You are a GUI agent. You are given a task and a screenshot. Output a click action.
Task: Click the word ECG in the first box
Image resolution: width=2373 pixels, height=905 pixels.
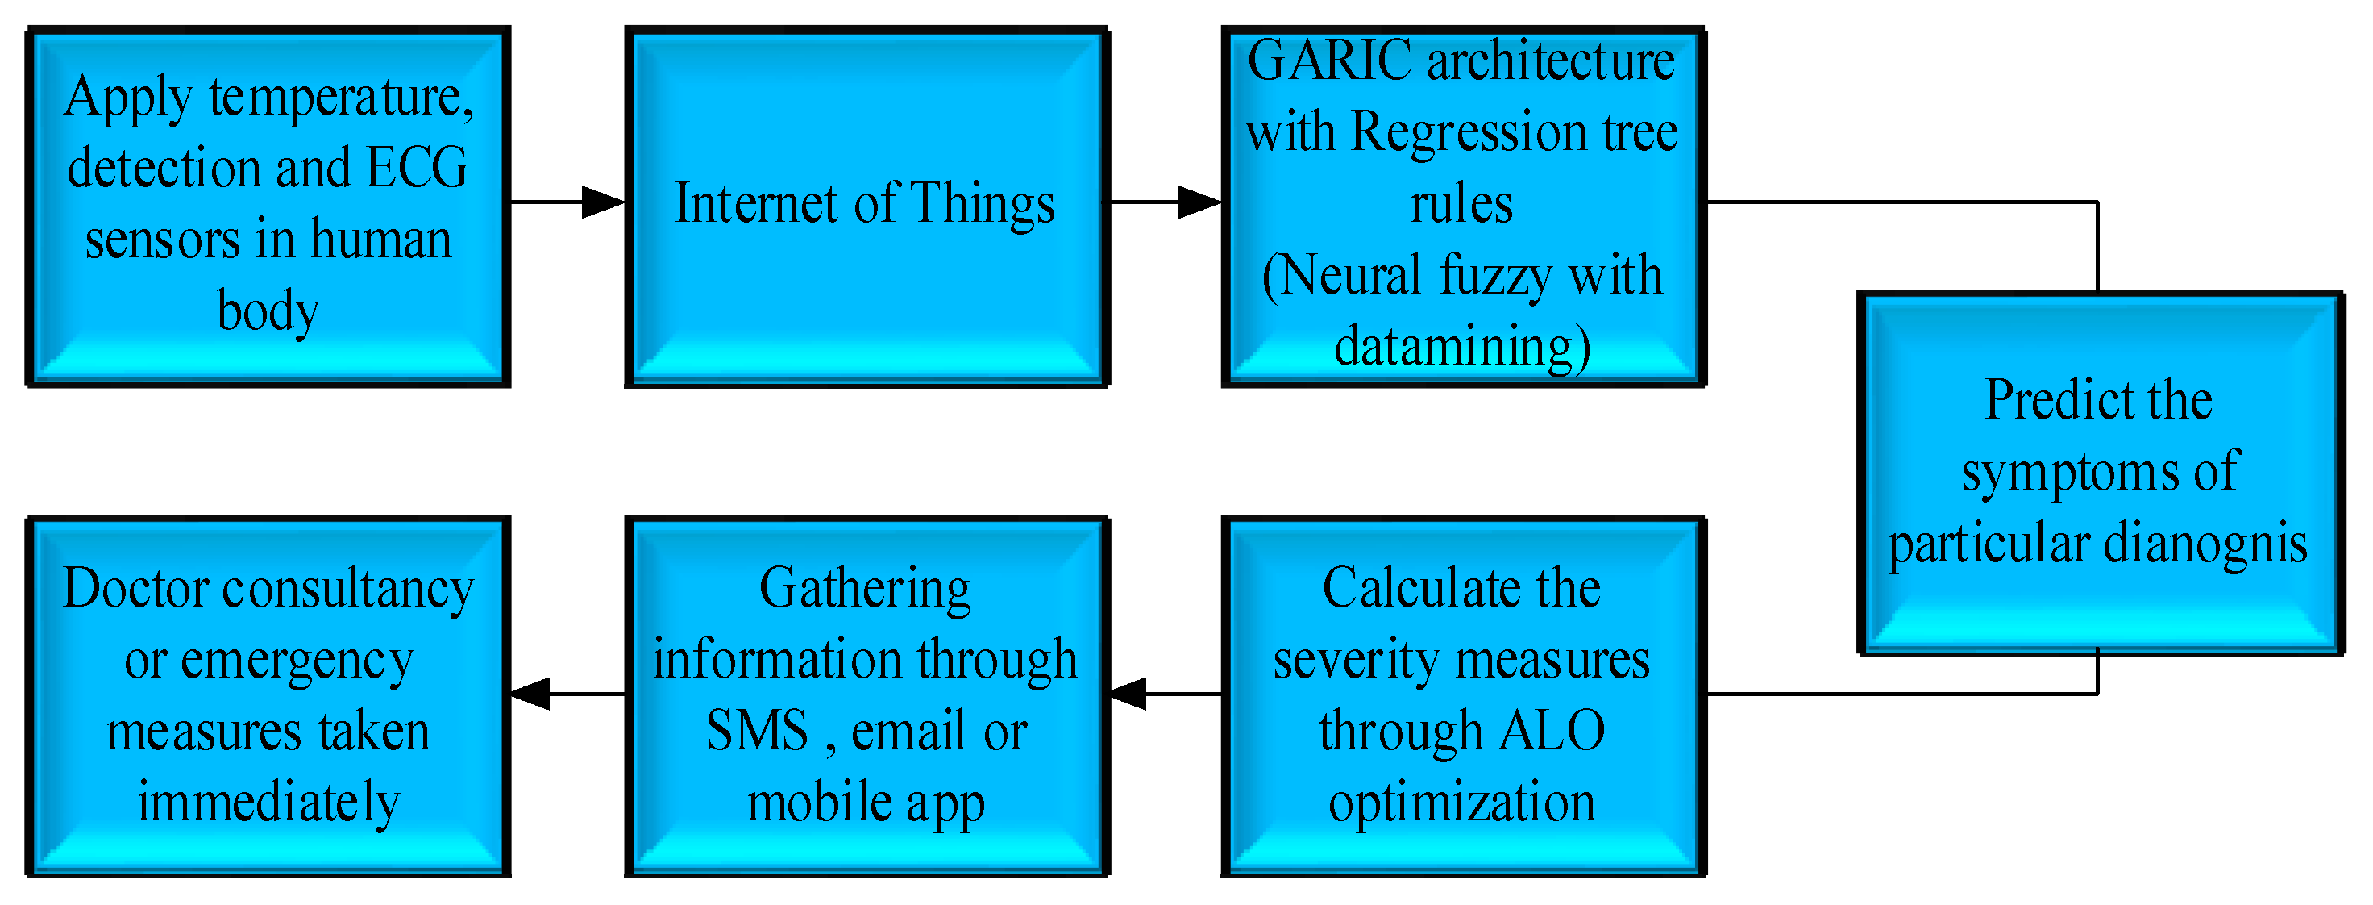pos(418,168)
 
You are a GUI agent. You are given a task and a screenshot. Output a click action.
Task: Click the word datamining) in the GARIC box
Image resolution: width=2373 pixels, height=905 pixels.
pos(1462,347)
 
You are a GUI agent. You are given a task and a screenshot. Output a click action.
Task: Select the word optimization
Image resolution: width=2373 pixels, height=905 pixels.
pos(1461,803)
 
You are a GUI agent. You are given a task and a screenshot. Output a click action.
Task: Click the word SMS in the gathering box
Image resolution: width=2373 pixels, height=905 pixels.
pos(757,731)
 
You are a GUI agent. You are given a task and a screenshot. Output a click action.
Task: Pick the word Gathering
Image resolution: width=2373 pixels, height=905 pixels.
pos(865,588)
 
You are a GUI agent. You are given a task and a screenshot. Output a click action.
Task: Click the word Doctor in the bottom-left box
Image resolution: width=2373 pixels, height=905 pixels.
pos(135,588)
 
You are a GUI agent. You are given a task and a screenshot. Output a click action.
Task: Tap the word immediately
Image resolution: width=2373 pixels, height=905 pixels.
pos(268,803)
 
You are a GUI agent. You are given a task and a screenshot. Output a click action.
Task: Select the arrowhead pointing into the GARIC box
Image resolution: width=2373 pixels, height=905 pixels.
pos(1199,202)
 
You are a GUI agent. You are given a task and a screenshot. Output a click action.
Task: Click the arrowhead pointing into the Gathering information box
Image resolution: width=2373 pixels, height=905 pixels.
pos(1129,694)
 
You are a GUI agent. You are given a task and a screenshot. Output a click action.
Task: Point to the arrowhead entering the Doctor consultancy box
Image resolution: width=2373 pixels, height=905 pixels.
pos(531,694)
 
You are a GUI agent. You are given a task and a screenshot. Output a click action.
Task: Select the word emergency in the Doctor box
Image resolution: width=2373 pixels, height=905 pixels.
pos(297,660)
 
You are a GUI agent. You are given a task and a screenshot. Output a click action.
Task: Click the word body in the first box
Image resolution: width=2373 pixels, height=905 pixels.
pos(268,311)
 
